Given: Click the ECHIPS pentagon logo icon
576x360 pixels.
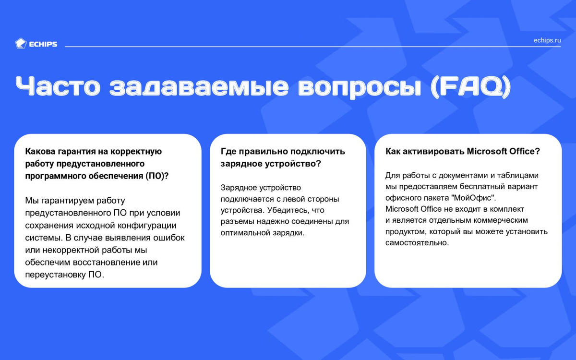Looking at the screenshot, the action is tap(21, 44).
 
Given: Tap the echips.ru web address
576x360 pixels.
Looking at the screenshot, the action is tap(547, 40).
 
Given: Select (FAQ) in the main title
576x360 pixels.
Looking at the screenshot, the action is tap(470, 87).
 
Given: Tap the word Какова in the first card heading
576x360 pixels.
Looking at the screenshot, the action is tap(40, 151).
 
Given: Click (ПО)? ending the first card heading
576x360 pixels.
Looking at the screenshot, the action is tap(157, 176).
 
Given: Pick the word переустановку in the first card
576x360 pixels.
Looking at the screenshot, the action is tap(56, 275).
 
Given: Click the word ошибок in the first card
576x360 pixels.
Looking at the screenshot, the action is tap(169, 238).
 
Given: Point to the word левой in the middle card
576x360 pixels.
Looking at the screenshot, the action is tap(294, 199).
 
